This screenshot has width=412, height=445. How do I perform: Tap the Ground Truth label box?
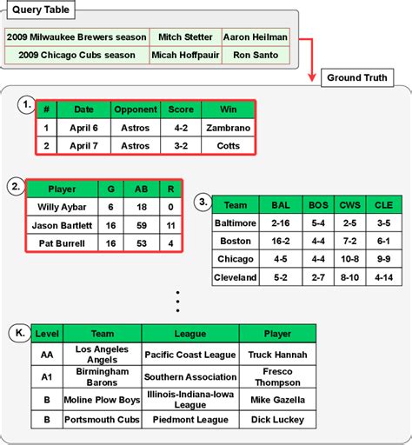coord(357,77)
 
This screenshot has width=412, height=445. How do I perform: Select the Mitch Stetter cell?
coord(183,37)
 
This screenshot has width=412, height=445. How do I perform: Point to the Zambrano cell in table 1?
coord(227,128)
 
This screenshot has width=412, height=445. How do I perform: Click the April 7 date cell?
coord(83,145)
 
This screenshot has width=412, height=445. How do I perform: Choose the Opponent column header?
coord(136,110)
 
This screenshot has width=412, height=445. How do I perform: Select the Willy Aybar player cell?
coord(62,207)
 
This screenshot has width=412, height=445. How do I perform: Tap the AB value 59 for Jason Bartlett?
coord(140,224)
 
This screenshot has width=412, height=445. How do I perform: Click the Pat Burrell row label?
coord(62,242)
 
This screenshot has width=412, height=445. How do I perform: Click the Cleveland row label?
coord(236,277)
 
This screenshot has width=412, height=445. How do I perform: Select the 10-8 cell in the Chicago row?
coord(349,259)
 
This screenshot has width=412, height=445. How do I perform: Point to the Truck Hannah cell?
coord(276,354)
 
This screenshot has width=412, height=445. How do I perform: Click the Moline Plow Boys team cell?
coord(102,400)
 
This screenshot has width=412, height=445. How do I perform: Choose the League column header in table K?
coord(189,333)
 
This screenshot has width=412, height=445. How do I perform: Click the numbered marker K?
coord(21,332)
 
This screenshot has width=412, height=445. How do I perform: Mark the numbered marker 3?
coord(201,203)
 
